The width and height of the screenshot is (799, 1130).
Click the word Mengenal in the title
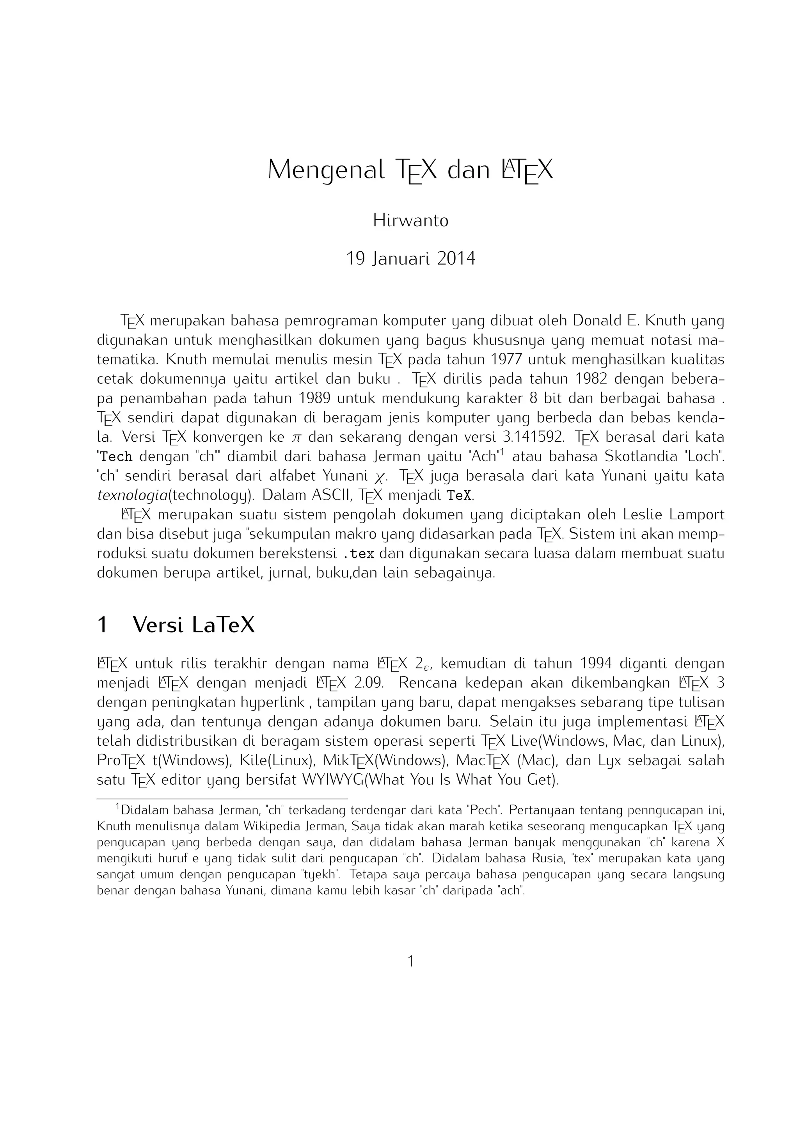click(325, 170)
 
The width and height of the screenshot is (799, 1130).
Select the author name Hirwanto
click(410, 220)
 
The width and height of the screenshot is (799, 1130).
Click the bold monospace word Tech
click(116, 457)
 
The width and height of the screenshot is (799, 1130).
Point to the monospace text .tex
click(358, 554)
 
